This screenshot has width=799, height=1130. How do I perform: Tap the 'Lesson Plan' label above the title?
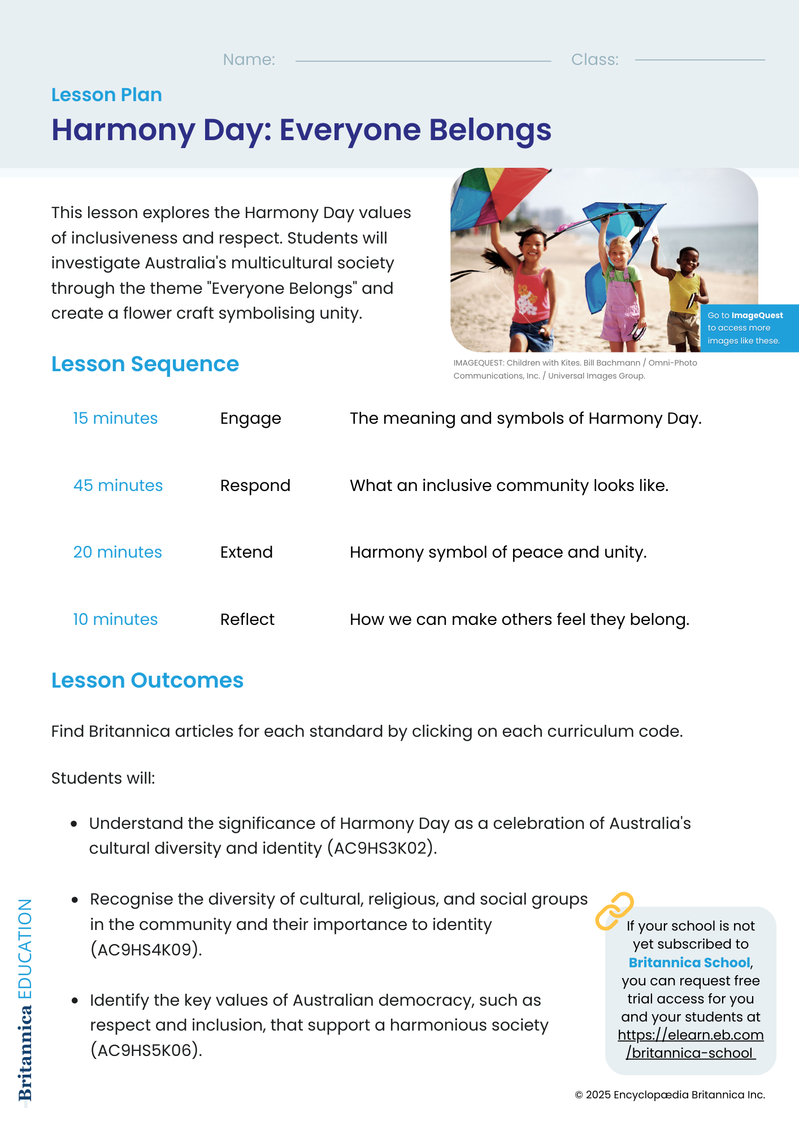[106, 95]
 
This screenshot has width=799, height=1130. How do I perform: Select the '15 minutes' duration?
[115, 419]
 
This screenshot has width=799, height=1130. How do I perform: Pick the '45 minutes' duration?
[118, 486]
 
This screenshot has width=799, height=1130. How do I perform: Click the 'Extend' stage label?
[246, 553]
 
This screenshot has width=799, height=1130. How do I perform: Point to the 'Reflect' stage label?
[247, 620]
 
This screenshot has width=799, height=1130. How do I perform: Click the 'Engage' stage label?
[250, 419]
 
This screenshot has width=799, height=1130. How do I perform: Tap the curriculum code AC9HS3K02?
[381, 849]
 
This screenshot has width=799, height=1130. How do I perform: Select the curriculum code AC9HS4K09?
[145, 950]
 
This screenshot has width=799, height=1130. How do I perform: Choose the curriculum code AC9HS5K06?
[145, 1050]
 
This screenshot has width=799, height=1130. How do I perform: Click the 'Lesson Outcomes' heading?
[147, 681]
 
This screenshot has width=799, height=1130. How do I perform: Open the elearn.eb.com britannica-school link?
[691, 1044]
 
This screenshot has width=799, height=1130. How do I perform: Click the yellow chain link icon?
[614, 911]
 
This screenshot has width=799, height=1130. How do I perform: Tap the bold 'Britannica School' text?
[689, 963]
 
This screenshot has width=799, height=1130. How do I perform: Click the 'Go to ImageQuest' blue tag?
[749, 328]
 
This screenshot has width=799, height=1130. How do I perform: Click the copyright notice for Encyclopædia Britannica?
[670, 1095]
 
